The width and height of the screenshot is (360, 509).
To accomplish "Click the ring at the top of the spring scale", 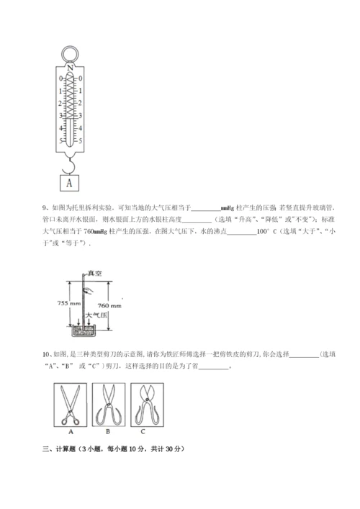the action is coord(69,54).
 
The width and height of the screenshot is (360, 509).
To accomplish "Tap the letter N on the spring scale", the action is coord(69,67).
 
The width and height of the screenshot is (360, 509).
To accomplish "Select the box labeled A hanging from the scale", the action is coord(69,183).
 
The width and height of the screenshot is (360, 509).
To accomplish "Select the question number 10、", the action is coord(48,355).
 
